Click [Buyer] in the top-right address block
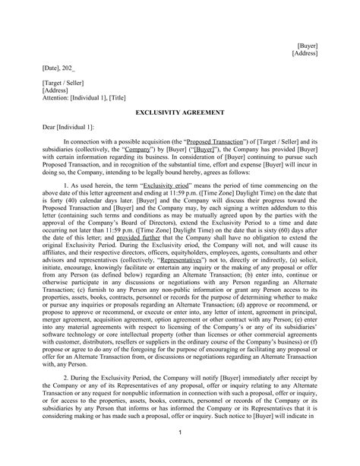(x=307, y=46)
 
